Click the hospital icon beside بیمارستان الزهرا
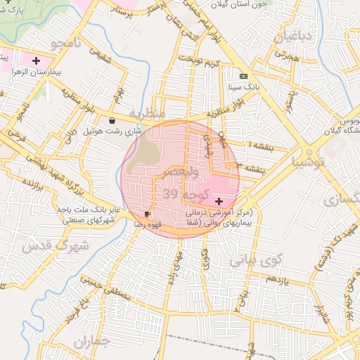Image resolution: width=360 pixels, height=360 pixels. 36,61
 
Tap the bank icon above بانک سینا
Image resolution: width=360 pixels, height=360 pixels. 243,77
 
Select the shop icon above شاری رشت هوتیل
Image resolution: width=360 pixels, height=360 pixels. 112,121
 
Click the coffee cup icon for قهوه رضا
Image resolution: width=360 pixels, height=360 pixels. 147,213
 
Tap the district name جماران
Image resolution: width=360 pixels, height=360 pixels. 91,342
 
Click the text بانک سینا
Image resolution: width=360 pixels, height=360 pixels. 242,89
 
